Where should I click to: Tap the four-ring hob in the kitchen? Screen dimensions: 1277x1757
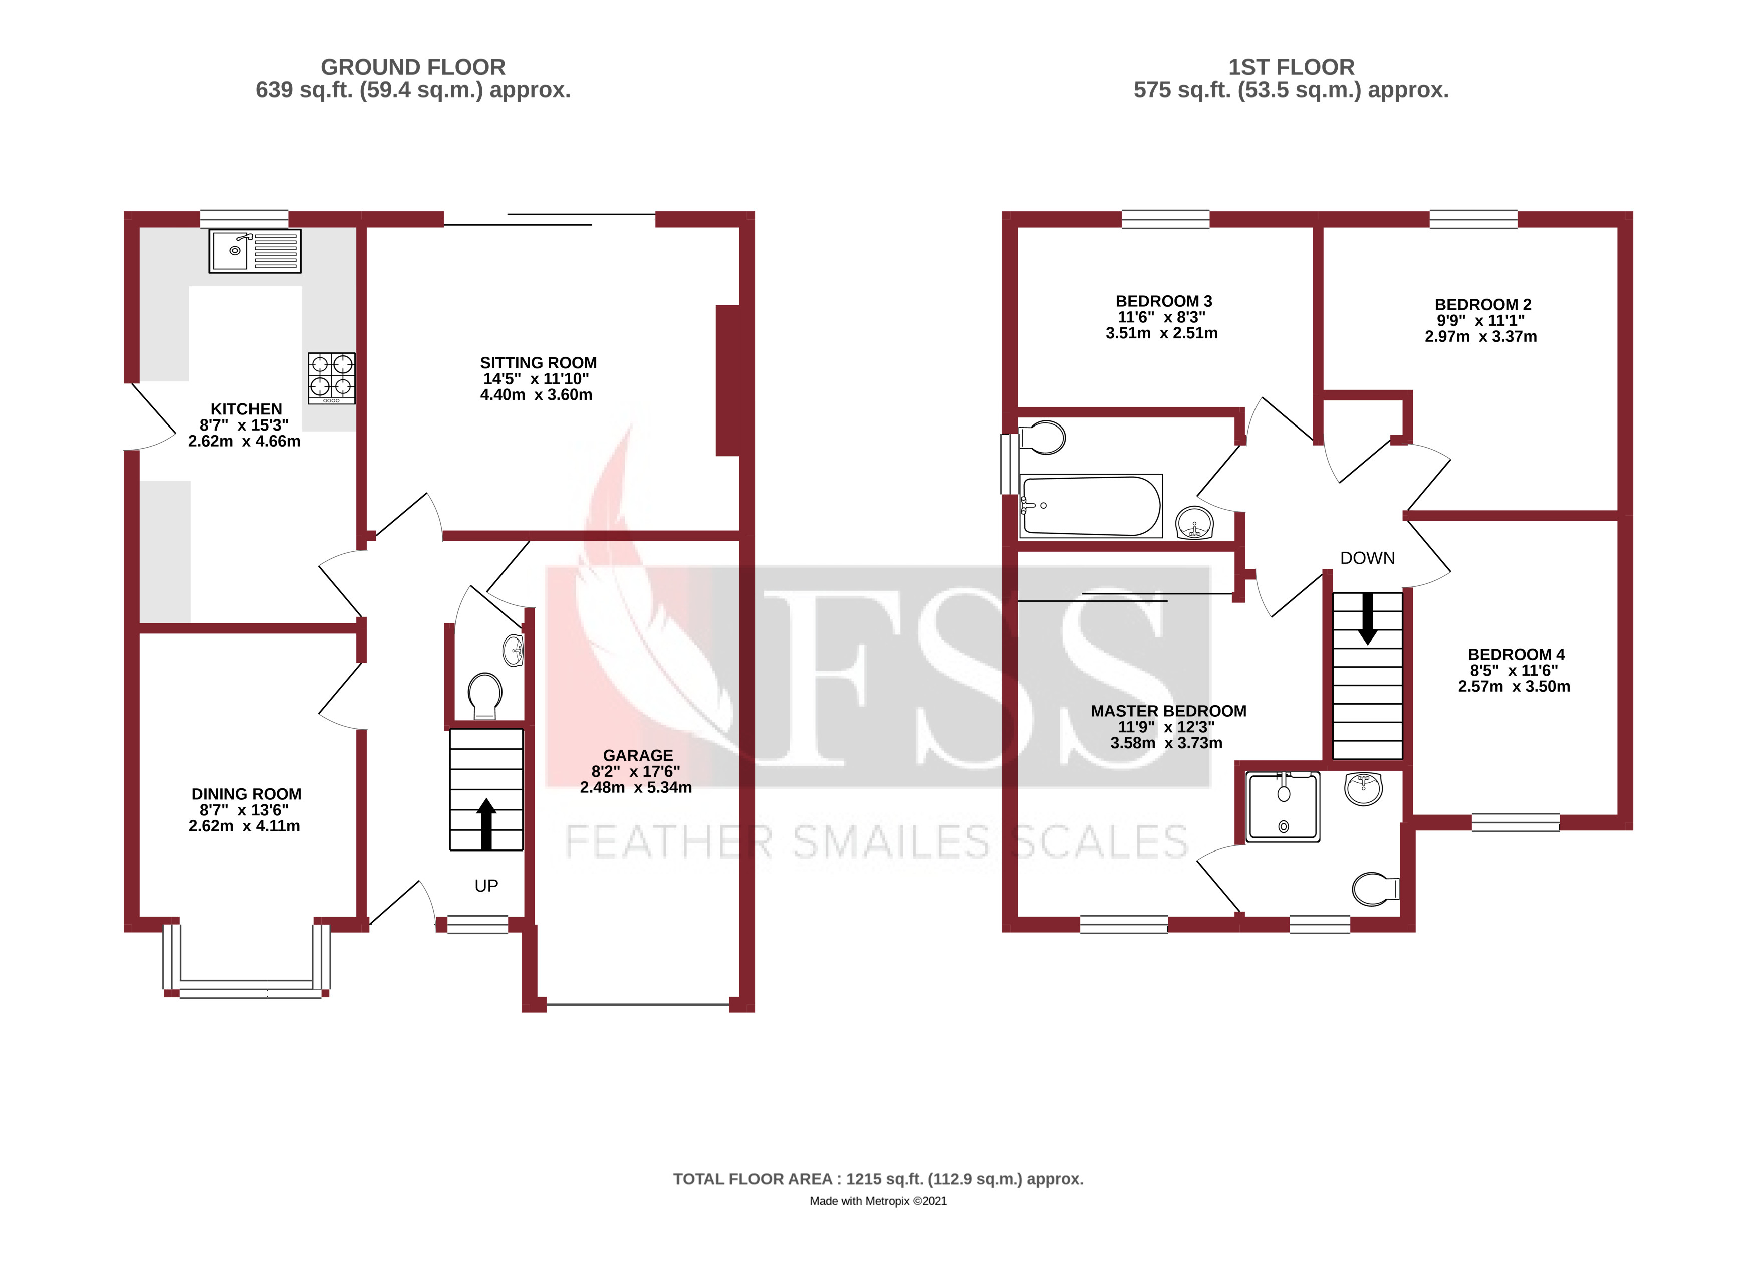pyautogui.click(x=332, y=378)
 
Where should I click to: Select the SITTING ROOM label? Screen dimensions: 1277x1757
pyautogui.click(x=539, y=363)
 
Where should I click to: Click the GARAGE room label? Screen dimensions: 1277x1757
pyautogui.click(x=638, y=755)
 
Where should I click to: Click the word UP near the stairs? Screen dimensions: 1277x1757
pyautogui.click(x=486, y=886)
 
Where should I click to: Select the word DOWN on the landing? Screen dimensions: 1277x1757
pyautogui.click(x=1367, y=558)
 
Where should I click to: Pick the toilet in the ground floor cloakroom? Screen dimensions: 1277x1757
pyautogui.click(x=485, y=695)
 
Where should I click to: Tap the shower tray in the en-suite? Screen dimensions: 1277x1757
pyautogui.click(x=1283, y=806)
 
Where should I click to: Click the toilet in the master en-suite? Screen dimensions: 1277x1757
pyautogui.click(x=1375, y=890)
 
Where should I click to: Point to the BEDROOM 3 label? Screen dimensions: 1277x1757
pyautogui.click(x=1164, y=301)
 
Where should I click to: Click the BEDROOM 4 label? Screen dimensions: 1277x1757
pyautogui.click(x=1516, y=654)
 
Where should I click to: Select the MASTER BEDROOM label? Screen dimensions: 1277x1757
pyautogui.click(x=1168, y=711)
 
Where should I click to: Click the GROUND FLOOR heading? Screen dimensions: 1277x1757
pyautogui.click(x=413, y=67)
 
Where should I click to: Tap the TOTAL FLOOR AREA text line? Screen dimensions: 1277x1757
pyautogui.click(x=878, y=1179)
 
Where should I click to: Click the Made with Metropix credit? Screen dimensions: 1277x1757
pyautogui.click(x=878, y=1201)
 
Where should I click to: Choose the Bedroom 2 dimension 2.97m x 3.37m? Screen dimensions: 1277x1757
pyautogui.click(x=1480, y=336)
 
